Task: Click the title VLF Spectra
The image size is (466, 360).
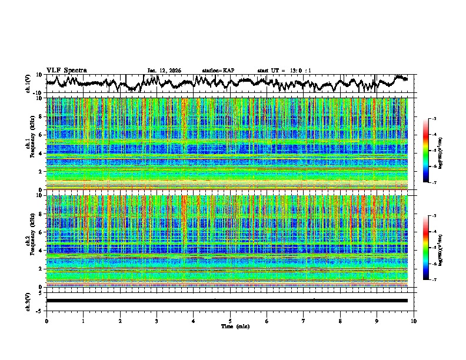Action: [x=66, y=70]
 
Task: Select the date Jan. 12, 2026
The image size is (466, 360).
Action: [x=164, y=71]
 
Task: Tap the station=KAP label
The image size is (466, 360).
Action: [x=218, y=71]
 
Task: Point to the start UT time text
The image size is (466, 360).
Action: [x=284, y=71]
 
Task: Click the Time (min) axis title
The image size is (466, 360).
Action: [x=230, y=326]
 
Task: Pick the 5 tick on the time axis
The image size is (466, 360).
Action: [x=230, y=321]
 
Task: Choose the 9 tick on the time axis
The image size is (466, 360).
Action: [x=377, y=321]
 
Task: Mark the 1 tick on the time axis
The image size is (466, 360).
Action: [x=83, y=321]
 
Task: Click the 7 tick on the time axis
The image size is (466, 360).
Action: [x=304, y=321]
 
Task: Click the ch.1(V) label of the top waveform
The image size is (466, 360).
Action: [x=28, y=84]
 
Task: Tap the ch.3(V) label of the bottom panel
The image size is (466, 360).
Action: [x=28, y=301]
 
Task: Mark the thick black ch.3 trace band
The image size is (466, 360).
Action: [x=227, y=301]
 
